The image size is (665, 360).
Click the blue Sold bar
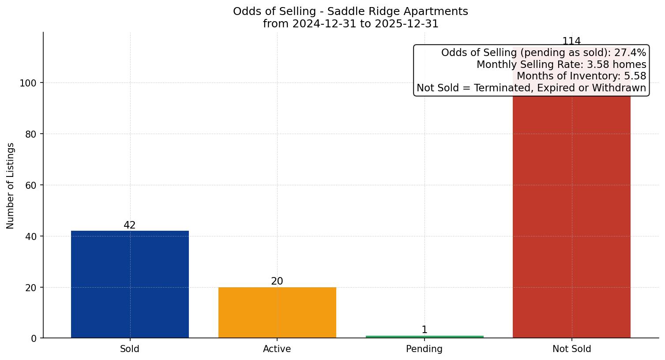(x=130, y=284)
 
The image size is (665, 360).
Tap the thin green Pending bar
(x=425, y=337)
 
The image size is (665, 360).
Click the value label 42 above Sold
(x=130, y=225)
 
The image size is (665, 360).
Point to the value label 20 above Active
(x=277, y=281)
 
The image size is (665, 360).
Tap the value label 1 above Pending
(x=425, y=330)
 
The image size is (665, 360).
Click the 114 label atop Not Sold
(x=571, y=41)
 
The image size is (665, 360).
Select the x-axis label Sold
(x=130, y=349)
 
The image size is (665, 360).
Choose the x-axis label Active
(x=277, y=349)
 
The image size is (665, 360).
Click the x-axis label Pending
(x=425, y=349)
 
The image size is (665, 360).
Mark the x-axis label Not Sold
(x=571, y=349)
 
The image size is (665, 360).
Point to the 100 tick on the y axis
(x=28, y=83)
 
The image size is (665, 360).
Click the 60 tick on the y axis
(x=31, y=185)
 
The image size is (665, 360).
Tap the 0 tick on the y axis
(x=34, y=338)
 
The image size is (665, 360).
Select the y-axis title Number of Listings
(x=10, y=185)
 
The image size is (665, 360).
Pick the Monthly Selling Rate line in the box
(x=561, y=64)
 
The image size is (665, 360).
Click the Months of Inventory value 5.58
(x=635, y=76)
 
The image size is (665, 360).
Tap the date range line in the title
(x=351, y=24)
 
